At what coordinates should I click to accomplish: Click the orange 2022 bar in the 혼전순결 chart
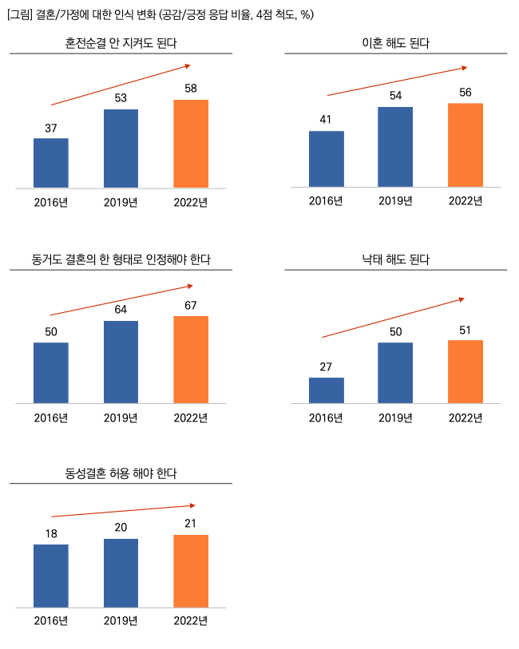[x=191, y=144]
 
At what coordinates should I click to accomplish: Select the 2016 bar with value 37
[x=51, y=163]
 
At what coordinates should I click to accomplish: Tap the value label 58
[x=191, y=89]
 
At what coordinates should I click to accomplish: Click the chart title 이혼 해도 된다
[x=395, y=43]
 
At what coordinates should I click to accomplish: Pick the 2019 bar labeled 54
[x=395, y=146]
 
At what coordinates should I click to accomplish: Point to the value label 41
[x=326, y=120]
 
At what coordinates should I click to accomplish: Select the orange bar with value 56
[x=466, y=144]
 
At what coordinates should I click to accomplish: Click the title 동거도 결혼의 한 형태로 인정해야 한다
[x=121, y=260]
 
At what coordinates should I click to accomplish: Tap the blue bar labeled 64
[x=121, y=362]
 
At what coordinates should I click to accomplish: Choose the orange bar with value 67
[x=191, y=359]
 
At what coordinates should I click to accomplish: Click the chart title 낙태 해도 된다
[x=395, y=260]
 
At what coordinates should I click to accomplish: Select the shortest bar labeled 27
[x=326, y=390]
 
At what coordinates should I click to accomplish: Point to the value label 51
[x=466, y=330]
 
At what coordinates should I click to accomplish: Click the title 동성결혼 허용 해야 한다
[x=121, y=473]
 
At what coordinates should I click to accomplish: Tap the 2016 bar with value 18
[x=51, y=576]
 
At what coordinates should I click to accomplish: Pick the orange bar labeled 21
[x=191, y=571]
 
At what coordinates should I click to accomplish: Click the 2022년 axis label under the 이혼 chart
[x=466, y=200]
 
